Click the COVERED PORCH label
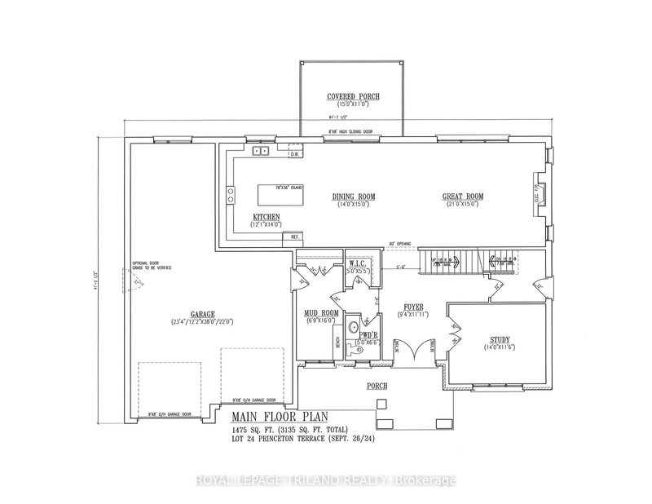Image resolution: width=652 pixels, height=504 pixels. (x=354, y=96)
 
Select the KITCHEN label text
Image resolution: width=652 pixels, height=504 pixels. (x=267, y=217)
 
